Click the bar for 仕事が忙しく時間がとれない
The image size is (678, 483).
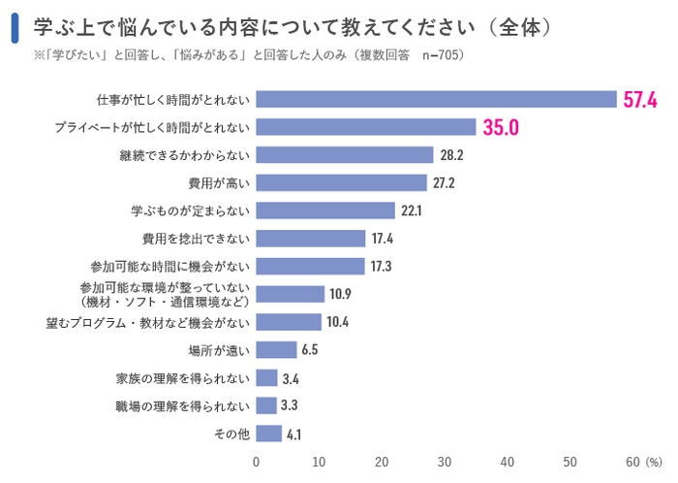[437, 99]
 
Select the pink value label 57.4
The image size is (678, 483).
[640, 99]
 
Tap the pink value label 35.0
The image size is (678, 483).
[501, 127]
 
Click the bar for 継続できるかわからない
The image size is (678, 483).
[345, 155]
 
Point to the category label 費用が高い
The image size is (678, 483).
[219, 183]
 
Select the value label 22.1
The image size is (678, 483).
[413, 211]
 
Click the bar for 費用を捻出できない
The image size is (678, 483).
[311, 239]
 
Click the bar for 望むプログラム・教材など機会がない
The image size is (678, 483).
[289, 322]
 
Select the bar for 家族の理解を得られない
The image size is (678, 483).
[267, 378]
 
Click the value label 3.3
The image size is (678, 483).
[291, 406]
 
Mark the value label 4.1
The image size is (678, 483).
[294, 435]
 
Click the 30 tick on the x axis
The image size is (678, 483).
[445, 462]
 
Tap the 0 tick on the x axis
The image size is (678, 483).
[257, 462]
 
